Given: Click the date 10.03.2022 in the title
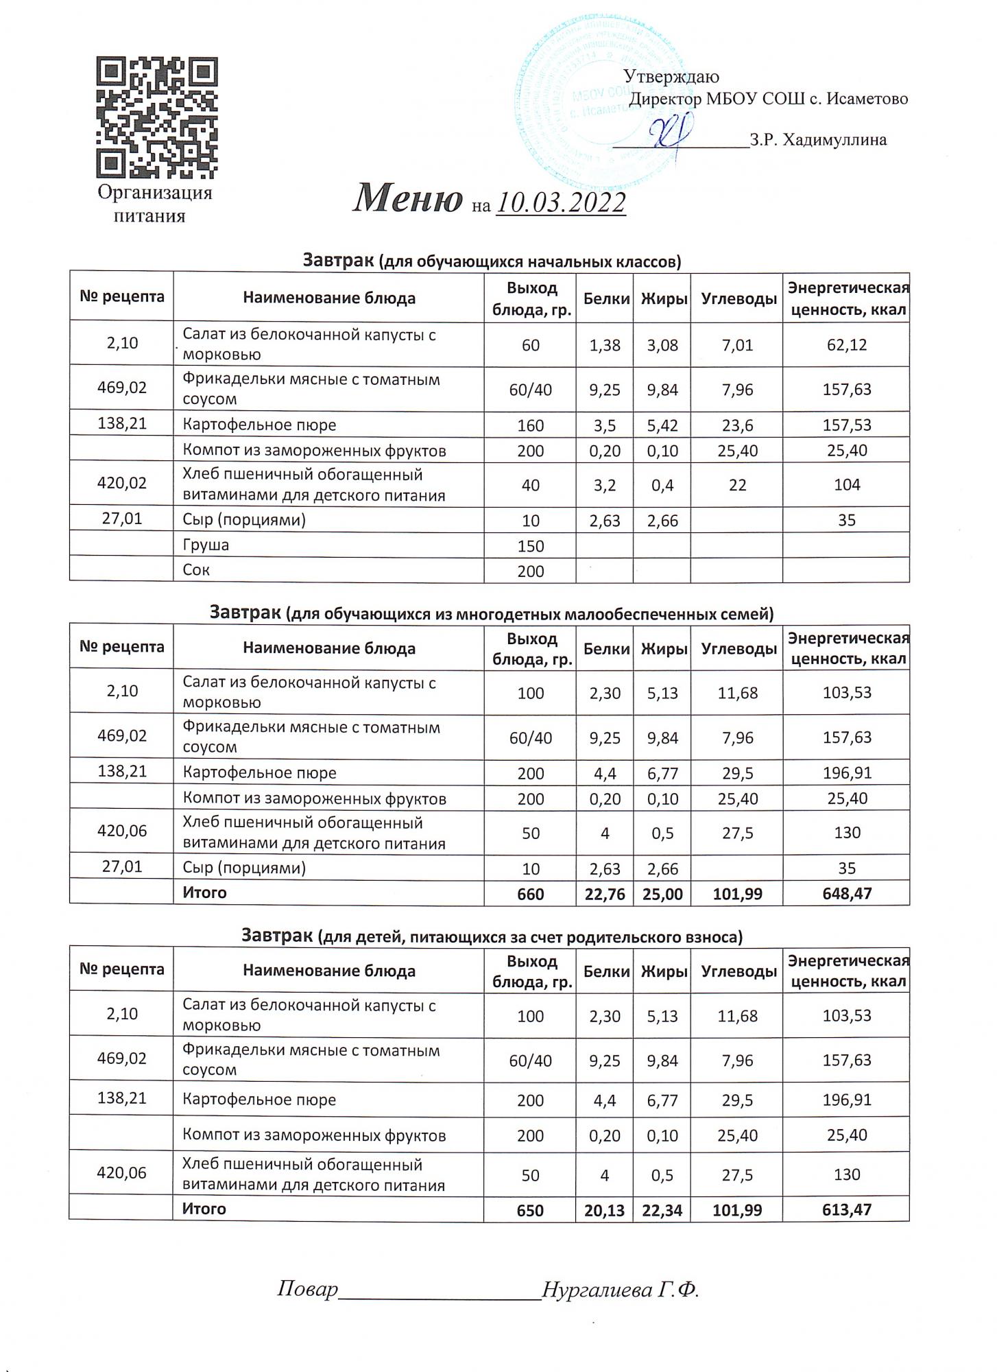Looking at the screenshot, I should pyautogui.click(x=561, y=203).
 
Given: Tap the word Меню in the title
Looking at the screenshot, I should pyautogui.click(x=407, y=199).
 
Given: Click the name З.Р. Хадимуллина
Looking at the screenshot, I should pyautogui.click(x=818, y=141).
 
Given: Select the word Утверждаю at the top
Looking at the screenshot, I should pyautogui.click(x=671, y=77).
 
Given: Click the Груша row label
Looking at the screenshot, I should pyautogui.click(x=206, y=545).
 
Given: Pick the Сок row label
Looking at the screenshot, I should pyautogui.click(x=196, y=570).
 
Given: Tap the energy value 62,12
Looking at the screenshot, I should pyautogui.click(x=847, y=344).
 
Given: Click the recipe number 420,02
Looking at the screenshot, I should pyautogui.click(x=122, y=483).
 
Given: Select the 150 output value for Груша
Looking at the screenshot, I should pyautogui.click(x=531, y=547).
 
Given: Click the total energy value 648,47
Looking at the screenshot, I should pyautogui.click(x=847, y=893).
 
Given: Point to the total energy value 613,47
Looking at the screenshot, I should pyautogui.click(x=847, y=1209).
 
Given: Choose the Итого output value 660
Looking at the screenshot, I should pyautogui.click(x=531, y=894).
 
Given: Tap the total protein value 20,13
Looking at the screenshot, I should pyautogui.click(x=604, y=1210).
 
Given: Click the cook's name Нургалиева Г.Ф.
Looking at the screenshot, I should pyautogui.click(x=620, y=1290).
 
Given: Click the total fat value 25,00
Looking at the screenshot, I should pyautogui.click(x=663, y=894).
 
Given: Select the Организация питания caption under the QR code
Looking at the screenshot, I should pyautogui.click(x=154, y=204).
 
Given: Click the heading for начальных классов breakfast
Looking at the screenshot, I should pyautogui.click(x=492, y=261).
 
